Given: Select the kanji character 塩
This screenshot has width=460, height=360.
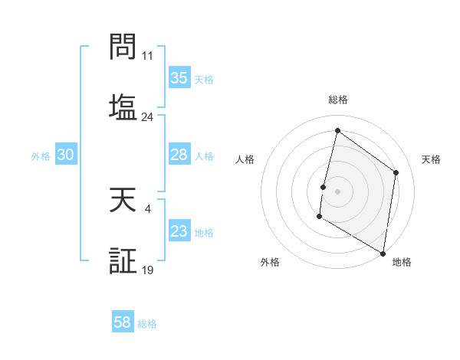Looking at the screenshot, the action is [x=123, y=105].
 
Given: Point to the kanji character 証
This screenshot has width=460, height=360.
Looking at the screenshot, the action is [x=123, y=261].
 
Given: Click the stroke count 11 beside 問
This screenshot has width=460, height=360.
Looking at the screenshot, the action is [x=147, y=56].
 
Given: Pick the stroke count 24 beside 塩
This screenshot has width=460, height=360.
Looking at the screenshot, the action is [x=147, y=117].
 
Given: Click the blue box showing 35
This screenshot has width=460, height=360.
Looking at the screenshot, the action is [x=179, y=78].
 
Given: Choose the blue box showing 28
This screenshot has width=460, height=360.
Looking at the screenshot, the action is [x=179, y=155].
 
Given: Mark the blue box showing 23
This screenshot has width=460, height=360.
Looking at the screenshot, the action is [x=179, y=231].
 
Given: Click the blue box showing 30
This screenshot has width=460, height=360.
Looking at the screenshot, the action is [x=66, y=155].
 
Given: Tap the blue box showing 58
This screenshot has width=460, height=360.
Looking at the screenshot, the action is [x=123, y=322].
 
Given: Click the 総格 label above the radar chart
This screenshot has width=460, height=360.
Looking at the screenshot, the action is [x=338, y=100].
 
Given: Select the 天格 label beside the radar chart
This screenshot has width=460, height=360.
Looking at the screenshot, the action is [x=431, y=159].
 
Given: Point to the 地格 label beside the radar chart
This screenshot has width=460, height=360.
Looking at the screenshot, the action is [x=402, y=262].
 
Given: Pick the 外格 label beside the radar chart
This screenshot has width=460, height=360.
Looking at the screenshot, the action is [x=270, y=262].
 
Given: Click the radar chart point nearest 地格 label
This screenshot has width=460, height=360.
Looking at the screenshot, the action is [x=383, y=253].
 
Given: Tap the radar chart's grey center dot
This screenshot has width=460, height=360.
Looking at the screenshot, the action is [x=338, y=191].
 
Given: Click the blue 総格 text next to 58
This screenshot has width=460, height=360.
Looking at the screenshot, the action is [x=147, y=324].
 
